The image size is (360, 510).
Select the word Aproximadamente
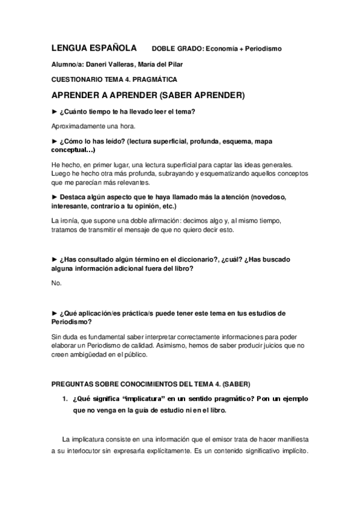pos(79,126)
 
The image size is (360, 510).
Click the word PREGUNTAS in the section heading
pos(75,384)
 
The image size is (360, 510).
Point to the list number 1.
pos(65,398)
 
